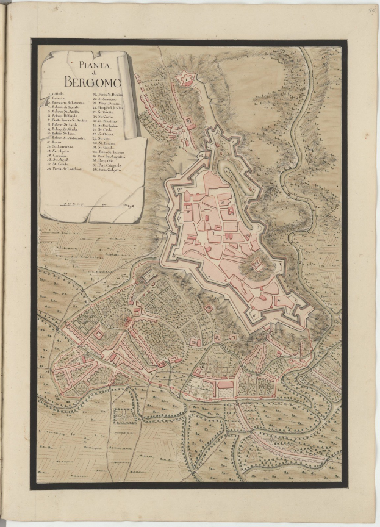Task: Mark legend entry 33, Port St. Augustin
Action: pos(110,157)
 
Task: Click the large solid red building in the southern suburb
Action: pos(226,384)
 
